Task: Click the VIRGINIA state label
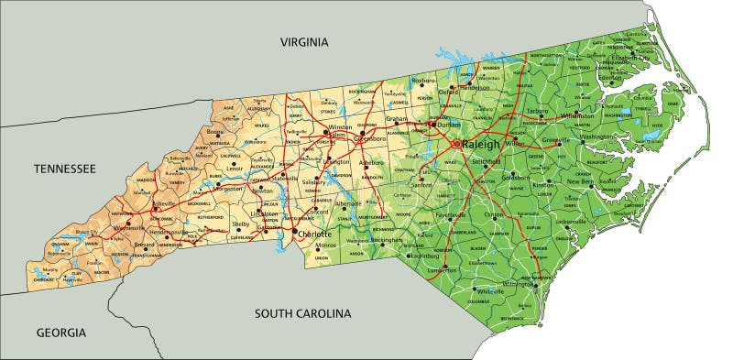point(303,42)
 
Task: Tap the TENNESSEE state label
point(64,169)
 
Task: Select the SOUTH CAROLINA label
point(302,313)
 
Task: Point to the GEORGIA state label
point(60,333)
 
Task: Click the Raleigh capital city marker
point(457,144)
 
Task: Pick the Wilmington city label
point(519,284)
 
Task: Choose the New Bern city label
point(581,181)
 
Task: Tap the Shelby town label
point(240,224)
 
